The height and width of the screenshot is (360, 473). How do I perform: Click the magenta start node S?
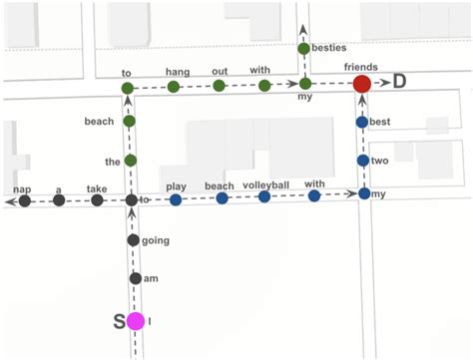136,321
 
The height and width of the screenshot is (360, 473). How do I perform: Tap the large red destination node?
362,84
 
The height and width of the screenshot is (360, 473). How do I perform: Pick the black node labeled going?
134,240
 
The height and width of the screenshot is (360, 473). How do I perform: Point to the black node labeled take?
97,200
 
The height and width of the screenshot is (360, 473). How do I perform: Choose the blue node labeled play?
176,199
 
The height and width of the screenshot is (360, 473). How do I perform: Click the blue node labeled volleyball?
264,196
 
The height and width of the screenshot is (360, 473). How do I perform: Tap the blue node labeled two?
363,161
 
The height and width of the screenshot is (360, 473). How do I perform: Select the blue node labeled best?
362,122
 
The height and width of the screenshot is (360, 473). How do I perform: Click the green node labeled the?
131,161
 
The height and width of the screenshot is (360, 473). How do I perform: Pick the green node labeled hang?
173,88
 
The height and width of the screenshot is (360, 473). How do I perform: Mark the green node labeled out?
219,87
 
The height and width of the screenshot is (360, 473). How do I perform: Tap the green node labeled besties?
303,48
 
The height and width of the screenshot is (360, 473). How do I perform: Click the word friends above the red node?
360,66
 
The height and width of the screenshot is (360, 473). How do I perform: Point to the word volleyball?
265,183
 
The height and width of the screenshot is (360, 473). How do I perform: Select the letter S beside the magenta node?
118,321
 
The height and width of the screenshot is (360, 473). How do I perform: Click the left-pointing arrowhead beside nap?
8,200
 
